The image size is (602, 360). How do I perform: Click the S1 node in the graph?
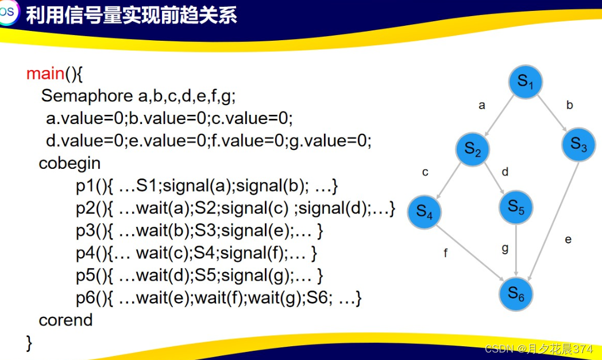pos(525,82)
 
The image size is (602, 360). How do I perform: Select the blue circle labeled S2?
pos(473,149)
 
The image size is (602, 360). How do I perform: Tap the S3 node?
pos(578,145)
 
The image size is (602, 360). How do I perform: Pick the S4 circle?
pos(425,212)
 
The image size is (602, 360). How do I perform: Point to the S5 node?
pos(516,207)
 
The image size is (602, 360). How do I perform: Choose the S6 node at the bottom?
pos(516,294)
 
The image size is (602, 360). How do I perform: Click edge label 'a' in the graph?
pos(482,105)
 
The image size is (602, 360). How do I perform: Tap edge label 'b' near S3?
pos(570,104)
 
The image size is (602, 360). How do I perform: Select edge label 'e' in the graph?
pos(568,239)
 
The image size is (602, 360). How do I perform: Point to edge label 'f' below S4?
pos(445,253)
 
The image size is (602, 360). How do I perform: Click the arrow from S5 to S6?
pos(516,250)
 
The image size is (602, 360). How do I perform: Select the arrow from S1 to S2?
pos(499,115)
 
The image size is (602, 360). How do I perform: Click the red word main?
pos(45,73)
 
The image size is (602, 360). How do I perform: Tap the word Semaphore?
pos(87,96)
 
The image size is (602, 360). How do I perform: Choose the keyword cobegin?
pos(70,164)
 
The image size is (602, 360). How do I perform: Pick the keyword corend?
pos(65,320)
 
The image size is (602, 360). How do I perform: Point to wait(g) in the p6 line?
pos(275,298)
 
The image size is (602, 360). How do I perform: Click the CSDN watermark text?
pos(539,349)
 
